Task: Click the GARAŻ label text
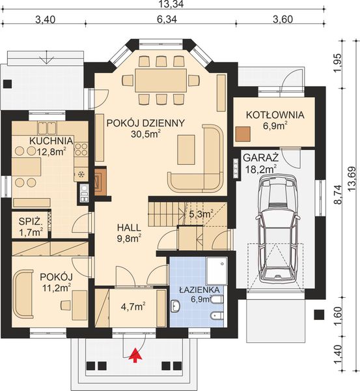(260, 158)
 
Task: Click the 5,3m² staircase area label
(201, 212)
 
